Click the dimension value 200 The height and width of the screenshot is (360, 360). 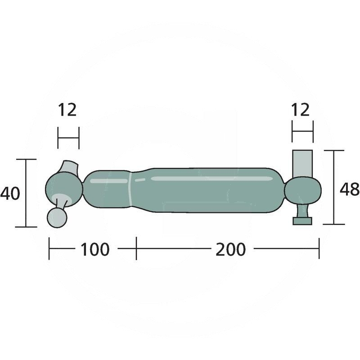click(230, 249)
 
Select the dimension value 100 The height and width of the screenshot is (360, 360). click(94, 249)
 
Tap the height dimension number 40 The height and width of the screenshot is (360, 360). click(10, 193)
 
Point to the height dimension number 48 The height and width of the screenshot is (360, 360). click(349, 189)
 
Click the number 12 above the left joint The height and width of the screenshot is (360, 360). click(67, 110)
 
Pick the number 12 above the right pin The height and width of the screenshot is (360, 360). click(301, 110)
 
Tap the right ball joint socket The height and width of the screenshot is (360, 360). click(303, 189)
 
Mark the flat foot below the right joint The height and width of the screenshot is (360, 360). click(302, 220)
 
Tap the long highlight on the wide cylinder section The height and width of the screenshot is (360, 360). click(211, 179)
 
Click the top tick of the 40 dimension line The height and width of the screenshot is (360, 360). click(26, 159)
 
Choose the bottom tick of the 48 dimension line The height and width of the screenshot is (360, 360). click(333, 224)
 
